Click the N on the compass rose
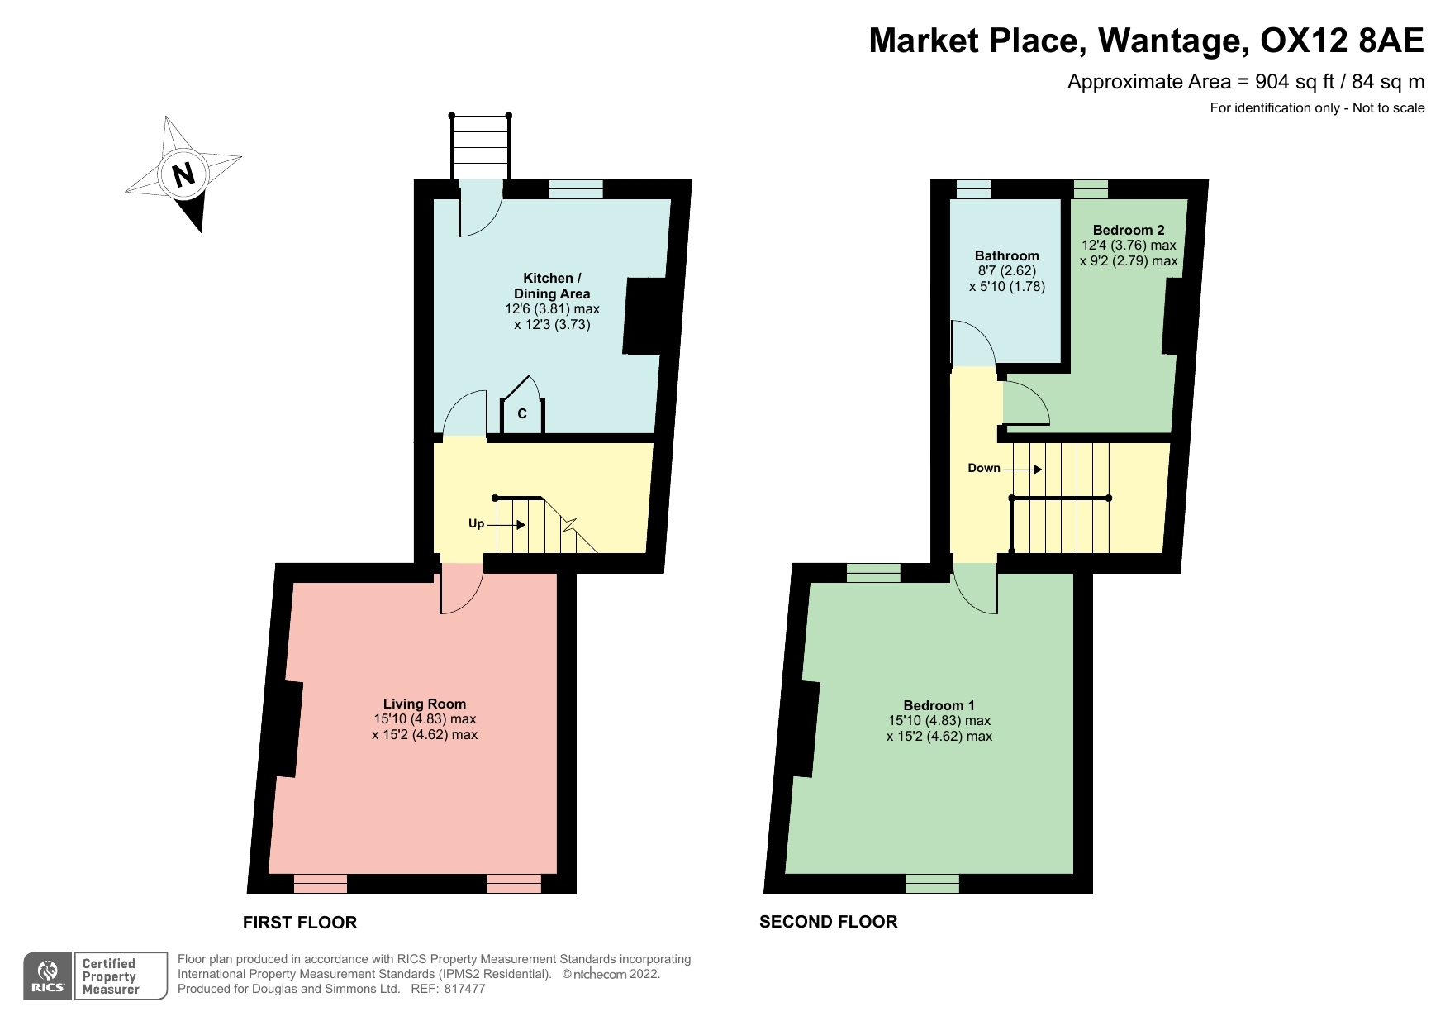[183, 174]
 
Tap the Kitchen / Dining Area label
[552, 285]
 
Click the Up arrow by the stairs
[509, 524]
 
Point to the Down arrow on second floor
[1025, 469]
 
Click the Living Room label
[425, 704]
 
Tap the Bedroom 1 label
[939, 705]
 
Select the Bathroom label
[1007, 256]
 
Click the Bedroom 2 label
[1129, 230]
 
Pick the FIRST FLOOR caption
[300, 923]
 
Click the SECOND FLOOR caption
[829, 922]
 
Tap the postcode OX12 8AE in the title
[1343, 40]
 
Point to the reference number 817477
[464, 989]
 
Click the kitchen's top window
[577, 189]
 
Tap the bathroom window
[973, 189]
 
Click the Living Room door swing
[461, 589]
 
